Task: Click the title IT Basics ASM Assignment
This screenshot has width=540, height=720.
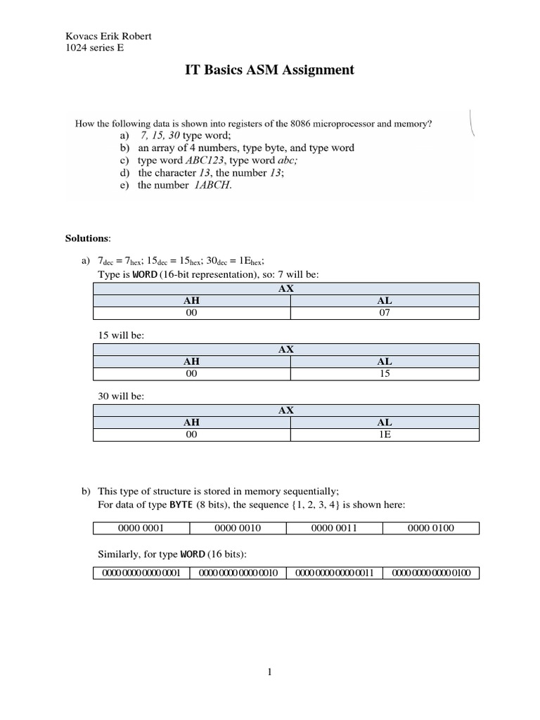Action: pos(270,70)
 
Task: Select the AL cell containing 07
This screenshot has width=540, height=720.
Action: pos(384,313)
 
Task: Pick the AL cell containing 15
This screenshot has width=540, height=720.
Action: pos(384,374)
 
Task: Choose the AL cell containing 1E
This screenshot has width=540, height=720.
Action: pos(384,435)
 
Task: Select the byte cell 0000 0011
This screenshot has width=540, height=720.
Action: pos(334,528)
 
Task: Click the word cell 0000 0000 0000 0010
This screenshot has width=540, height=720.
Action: pos(238,573)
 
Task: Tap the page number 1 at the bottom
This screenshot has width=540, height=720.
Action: pos(269,672)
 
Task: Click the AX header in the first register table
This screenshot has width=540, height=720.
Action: pos(286,288)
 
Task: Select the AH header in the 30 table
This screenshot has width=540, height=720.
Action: pos(191,423)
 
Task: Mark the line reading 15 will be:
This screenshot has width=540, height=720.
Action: pos(121,335)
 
